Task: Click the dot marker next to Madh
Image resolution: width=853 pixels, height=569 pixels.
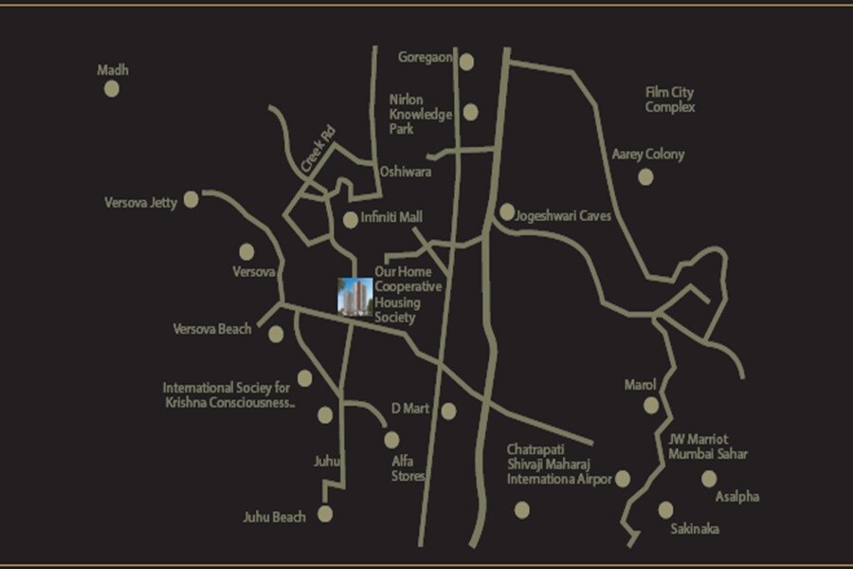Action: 111,88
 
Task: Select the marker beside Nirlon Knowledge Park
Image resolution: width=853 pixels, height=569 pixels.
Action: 471,113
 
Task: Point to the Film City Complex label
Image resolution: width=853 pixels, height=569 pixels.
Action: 670,100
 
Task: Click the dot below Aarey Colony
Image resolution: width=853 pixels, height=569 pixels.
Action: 645,176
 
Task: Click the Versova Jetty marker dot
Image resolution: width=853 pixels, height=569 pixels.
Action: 191,199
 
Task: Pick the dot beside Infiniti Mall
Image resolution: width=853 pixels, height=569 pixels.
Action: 351,219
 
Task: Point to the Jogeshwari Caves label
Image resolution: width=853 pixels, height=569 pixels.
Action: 563,216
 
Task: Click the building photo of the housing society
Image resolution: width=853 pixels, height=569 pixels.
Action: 355,293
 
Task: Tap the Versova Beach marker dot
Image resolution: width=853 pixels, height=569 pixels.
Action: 276,334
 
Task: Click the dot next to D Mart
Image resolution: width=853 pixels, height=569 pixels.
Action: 448,411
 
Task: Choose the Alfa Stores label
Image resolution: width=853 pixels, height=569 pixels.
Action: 409,468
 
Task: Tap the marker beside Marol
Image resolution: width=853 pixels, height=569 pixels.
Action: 651,406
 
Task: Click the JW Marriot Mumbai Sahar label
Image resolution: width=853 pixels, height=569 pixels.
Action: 707,446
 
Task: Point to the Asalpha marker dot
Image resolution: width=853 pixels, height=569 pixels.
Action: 709,479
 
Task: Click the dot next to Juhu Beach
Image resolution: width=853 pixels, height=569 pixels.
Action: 325,514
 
